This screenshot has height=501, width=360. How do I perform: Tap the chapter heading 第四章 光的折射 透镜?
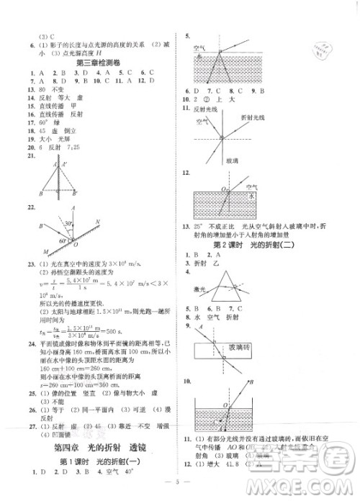[94, 448]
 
